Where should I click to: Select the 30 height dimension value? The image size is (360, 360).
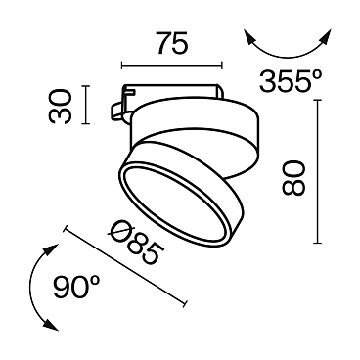pyautogui.click(x=63, y=105)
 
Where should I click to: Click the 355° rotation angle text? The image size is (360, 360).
pyautogui.click(x=291, y=83)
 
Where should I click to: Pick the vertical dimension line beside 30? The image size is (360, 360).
pyautogui.click(x=87, y=105)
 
